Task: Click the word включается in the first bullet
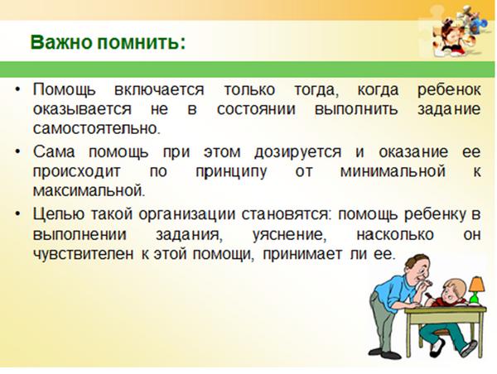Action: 159,89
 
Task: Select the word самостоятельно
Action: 96,129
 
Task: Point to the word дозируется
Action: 298,152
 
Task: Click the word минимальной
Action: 393,171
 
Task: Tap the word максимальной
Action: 89,191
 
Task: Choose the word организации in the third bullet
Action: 187,214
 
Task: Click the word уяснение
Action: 290,235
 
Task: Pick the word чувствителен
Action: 84,254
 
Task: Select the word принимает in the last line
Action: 302,254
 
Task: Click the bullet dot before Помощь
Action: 17,89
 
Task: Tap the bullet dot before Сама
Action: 17,152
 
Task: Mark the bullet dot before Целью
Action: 17,214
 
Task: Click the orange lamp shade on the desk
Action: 477,285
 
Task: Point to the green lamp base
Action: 475,299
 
